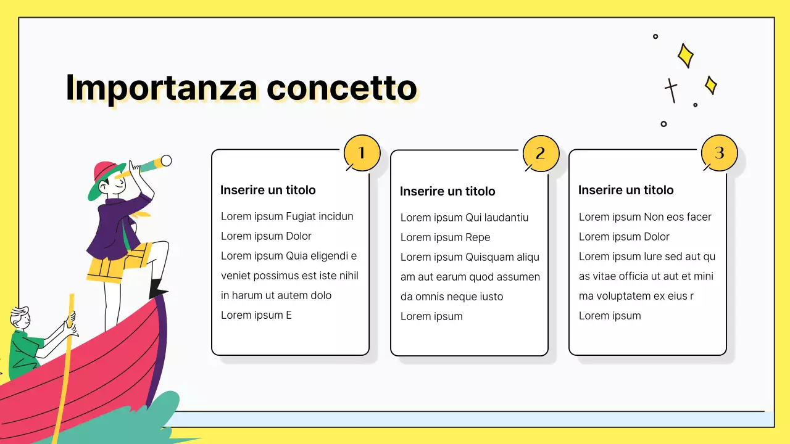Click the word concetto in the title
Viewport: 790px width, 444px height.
click(x=342, y=88)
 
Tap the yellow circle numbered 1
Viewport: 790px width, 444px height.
click(x=362, y=153)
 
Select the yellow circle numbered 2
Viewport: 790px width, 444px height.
click(x=541, y=154)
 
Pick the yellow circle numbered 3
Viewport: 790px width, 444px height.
click(x=719, y=153)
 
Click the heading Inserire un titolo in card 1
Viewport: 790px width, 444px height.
click(x=268, y=190)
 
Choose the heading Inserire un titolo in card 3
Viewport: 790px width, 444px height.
click(x=626, y=190)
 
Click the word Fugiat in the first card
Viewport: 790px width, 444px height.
click(x=302, y=216)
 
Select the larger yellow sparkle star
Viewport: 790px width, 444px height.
click(x=685, y=55)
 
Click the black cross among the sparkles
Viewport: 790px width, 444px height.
click(x=671, y=89)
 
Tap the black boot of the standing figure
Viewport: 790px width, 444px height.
click(x=157, y=288)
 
